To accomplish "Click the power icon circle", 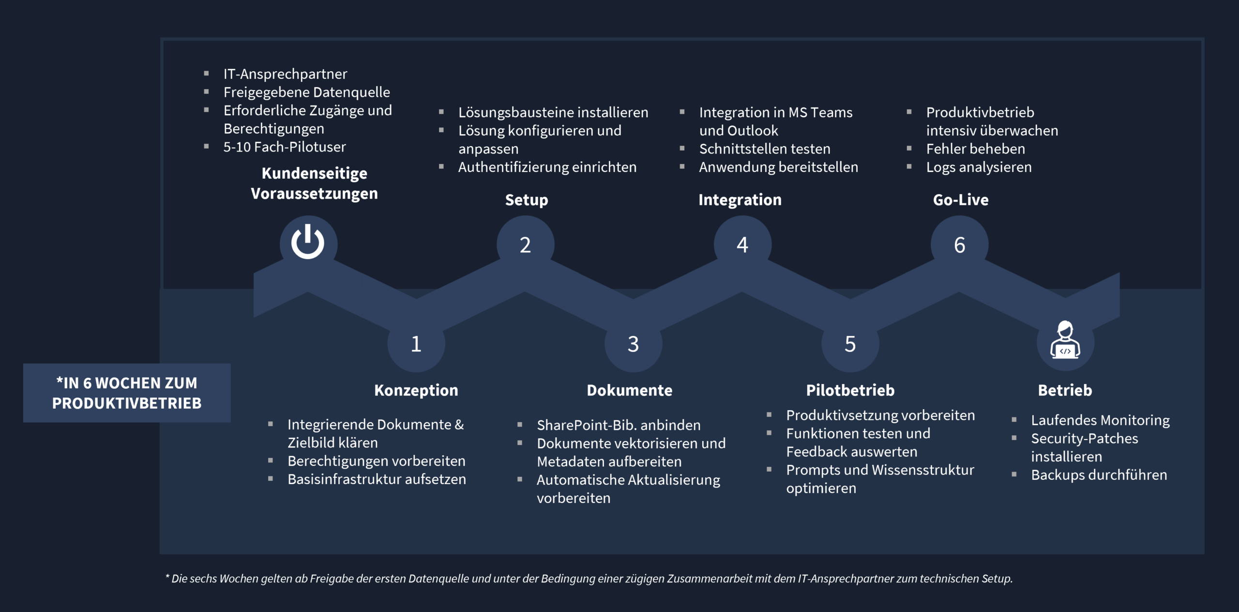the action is click(308, 244).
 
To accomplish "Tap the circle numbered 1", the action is click(416, 343).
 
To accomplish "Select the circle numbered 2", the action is click(525, 244).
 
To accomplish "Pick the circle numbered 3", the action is click(633, 343).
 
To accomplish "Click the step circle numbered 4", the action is click(742, 244).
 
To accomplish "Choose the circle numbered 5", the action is click(850, 343).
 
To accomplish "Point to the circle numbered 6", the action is click(959, 244).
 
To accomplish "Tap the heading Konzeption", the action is click(416, 390).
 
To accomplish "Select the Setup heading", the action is click(527, 200).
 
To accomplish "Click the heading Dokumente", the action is click(630, 390).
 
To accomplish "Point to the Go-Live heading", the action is click(961, 199).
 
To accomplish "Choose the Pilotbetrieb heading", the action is click(850, 390).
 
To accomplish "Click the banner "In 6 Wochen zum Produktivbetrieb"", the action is click(127, 393).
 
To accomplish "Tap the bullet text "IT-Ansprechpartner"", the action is click(285, 74).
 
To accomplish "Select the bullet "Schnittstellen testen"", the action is click(765, 149).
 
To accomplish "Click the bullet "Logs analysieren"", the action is click(979, 167).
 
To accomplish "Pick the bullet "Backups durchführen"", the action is click(1099, 475).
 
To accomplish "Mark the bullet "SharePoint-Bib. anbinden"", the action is click(619, 425).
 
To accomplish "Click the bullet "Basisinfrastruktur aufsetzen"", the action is click(377, 479).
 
